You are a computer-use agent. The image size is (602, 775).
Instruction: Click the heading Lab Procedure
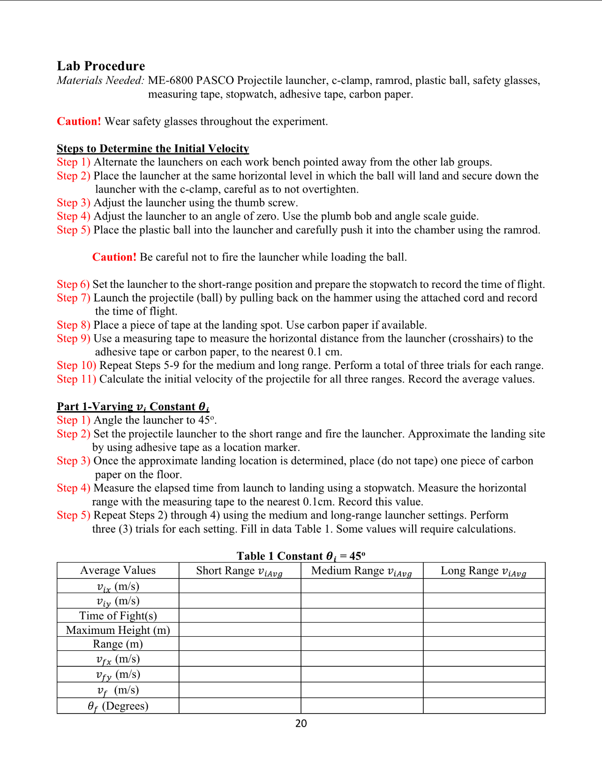(x=101, y=66)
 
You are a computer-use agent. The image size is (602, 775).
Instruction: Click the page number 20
(x=301, y=723)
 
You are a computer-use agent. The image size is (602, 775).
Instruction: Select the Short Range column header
(x=239, y=571)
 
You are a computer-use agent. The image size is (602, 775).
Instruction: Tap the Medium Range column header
(x=361, y=571)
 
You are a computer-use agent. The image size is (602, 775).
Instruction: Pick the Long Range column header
(x=483, y=571)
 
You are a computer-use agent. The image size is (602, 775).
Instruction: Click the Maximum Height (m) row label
(x=118, y=630)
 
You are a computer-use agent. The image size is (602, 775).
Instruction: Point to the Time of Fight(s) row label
(x=118, y=616)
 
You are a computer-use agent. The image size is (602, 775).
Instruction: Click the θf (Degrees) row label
(x=118, y=706)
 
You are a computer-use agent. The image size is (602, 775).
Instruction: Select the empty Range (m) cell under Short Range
(x=240, y=644)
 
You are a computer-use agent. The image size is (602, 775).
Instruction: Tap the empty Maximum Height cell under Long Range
(x=484, y=630)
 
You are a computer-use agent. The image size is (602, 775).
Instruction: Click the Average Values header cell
(x=118, y=571)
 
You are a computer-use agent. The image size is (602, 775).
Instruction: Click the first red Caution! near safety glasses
(x=79, y=121)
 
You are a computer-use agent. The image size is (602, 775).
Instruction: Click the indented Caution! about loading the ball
(x=114, y=257)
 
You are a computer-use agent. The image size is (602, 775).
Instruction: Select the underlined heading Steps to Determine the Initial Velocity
(x=153, y=149)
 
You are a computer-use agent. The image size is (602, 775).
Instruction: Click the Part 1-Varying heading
(x=133, y=406)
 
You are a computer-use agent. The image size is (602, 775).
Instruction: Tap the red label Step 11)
(x=76, y=379)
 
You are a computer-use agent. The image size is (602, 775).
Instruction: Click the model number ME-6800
(x=170, y=81)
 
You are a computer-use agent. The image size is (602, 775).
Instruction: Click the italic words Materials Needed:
(x=100, y=81)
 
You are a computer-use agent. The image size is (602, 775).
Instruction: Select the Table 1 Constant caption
(x=301, y=556)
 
